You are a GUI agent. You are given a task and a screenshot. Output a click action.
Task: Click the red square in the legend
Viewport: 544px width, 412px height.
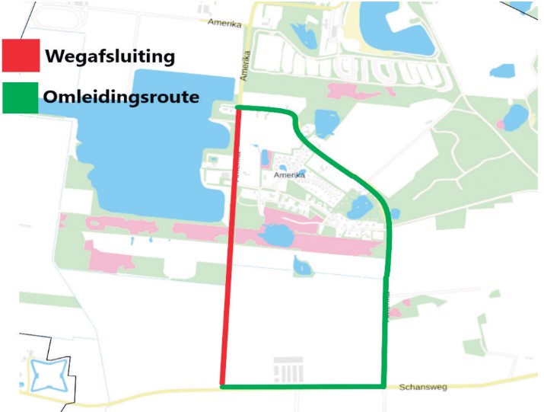(21, 55)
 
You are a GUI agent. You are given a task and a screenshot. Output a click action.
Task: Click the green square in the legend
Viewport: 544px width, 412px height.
(21, 97)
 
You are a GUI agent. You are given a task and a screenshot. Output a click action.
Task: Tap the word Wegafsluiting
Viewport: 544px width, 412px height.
(110, 56)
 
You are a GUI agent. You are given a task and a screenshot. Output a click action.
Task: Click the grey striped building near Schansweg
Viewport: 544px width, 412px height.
(289, 371)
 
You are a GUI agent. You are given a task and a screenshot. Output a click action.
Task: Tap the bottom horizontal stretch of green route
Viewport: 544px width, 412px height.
(304, 387)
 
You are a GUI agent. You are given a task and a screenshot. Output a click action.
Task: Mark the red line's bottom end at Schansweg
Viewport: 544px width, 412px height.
(222, 384)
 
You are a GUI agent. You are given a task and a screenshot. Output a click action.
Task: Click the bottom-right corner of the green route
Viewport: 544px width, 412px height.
(383, 386)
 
